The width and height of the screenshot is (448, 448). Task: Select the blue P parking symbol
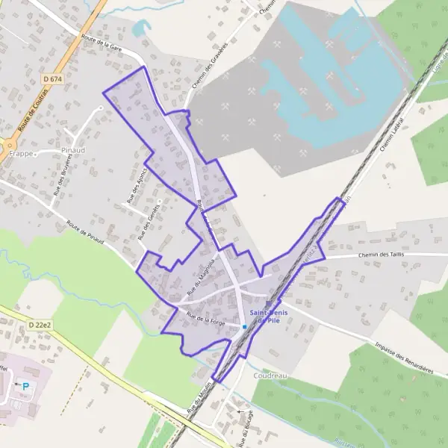click(27, 387)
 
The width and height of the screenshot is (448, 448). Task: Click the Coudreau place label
click(270, 376)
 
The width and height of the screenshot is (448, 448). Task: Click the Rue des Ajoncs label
click(134, 185)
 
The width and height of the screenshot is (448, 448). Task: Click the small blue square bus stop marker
click(244, 326)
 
